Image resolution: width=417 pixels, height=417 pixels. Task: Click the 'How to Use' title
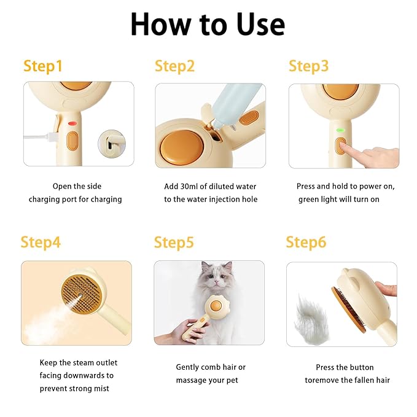point(208,25)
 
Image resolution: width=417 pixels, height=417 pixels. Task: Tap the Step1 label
point(43,66)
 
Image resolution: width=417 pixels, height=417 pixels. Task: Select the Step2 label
point(174,66)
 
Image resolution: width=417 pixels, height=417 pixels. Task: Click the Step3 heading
point(308,66)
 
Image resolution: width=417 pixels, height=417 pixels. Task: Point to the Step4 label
point(41,242)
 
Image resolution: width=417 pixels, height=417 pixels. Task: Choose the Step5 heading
point(174,243)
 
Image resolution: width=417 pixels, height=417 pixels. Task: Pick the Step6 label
point(306,242)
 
